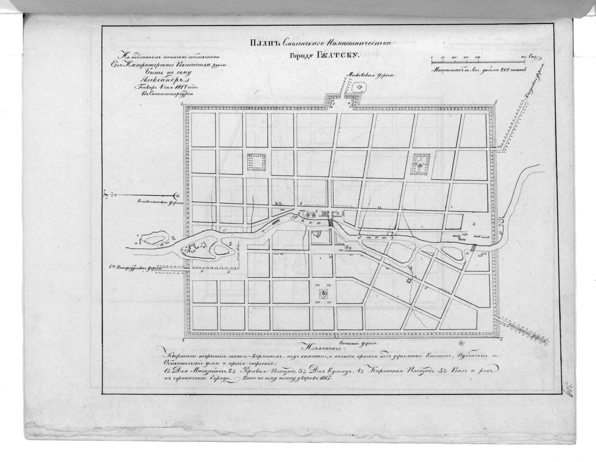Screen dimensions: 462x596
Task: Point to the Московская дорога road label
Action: (372, 75)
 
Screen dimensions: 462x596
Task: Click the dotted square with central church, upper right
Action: (422, 163)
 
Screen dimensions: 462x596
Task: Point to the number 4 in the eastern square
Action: (474, 223)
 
